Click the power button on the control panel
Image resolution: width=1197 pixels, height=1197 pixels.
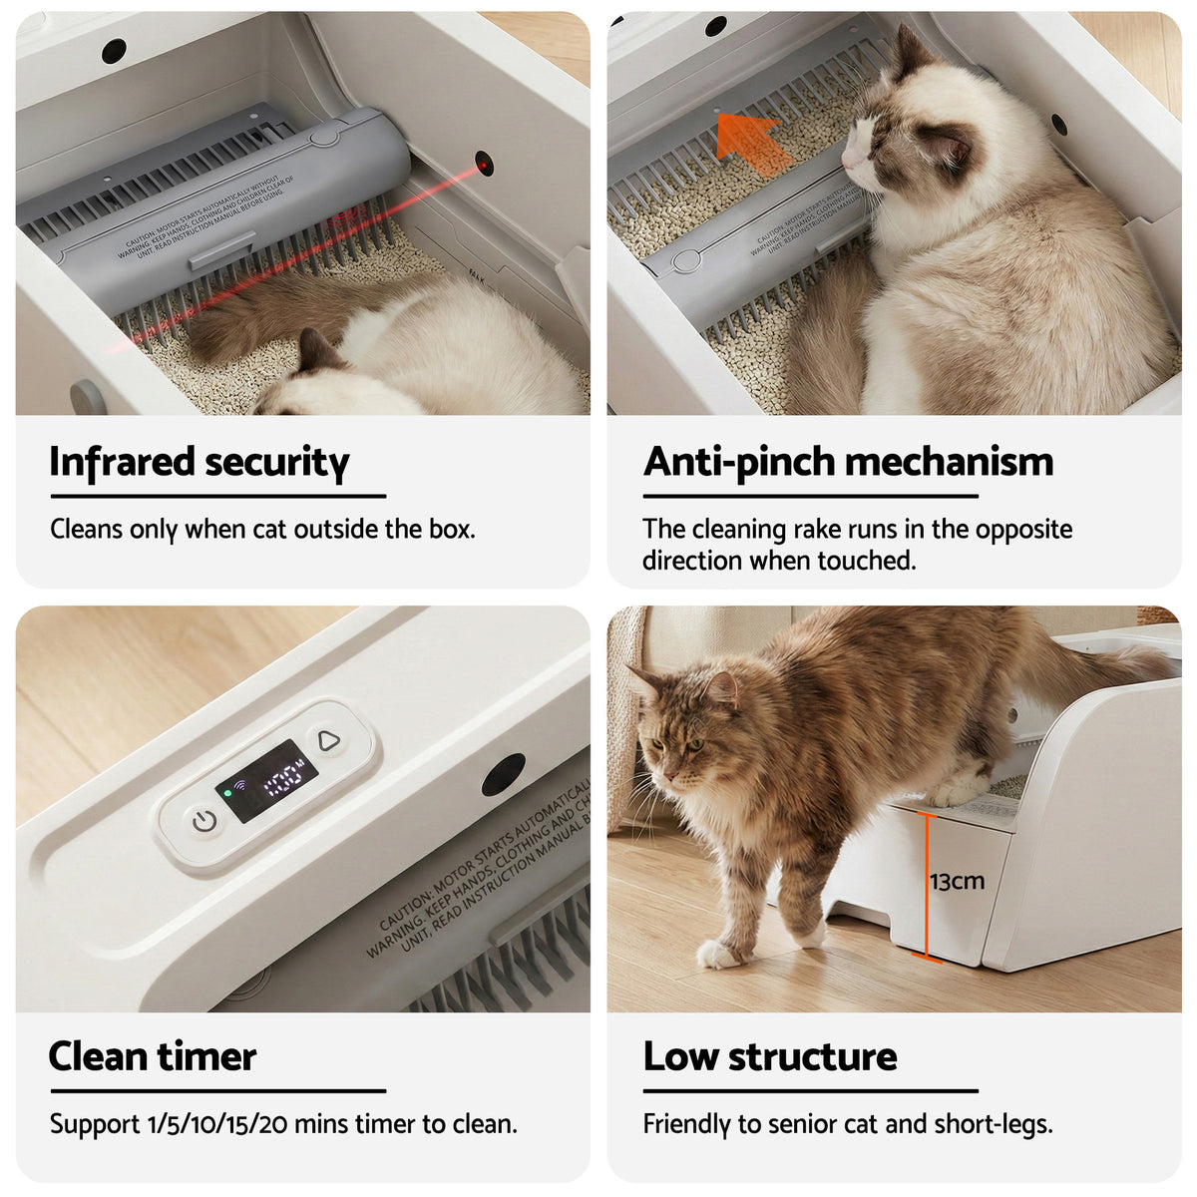coord(204,822)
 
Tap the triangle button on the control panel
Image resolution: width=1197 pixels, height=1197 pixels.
coord(328,741)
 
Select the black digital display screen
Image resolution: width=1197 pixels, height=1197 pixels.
coord(267,781)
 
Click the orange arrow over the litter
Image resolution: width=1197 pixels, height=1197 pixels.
coord(751,143)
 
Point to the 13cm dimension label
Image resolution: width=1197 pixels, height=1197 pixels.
coord(957,882)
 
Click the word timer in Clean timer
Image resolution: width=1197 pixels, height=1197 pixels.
coord(212,1057)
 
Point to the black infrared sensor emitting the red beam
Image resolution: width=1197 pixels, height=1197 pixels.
coord(484,164)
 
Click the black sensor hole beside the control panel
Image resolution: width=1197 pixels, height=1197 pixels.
coord(503,775)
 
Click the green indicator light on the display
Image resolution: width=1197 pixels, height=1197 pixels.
coord(227,794)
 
